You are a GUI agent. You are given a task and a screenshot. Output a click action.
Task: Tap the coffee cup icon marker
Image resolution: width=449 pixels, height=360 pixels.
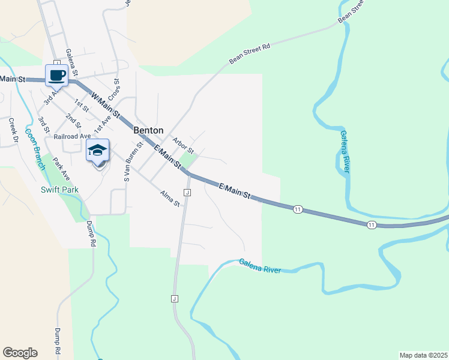(56, 76)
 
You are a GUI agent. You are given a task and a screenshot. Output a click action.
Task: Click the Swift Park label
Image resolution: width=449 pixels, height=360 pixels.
(59, 190)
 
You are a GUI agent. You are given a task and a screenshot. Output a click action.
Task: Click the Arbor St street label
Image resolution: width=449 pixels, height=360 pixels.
(182, 145)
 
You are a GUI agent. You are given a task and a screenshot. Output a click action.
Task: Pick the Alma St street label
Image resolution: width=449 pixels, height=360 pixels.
(170, 199)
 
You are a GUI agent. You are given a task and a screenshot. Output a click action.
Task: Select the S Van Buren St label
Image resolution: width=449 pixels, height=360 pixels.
(133, 161)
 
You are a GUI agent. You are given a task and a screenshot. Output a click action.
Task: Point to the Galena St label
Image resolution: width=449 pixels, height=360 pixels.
(72, 62)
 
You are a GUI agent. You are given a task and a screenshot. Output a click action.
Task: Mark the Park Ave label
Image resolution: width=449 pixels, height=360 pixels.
(61, 170)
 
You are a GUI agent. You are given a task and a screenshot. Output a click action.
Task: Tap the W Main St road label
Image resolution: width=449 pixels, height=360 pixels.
(106, 103)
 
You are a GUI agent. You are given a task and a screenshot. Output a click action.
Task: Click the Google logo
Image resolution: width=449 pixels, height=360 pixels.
(20, 353)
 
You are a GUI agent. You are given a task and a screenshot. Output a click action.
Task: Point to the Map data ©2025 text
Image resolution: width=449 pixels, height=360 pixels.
(423, 355)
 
